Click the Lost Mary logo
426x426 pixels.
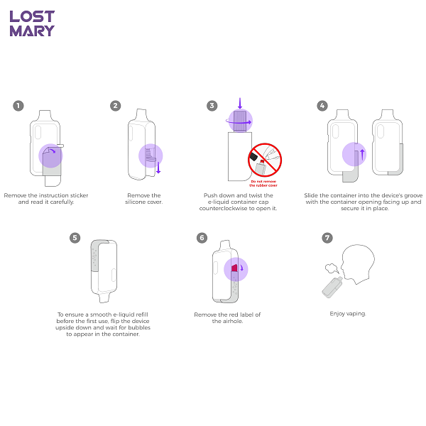[32, 23]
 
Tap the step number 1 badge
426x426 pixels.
[18, 106]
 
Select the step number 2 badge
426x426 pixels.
[116, 106]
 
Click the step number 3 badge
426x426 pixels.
[212, 106]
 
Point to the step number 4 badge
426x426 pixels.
[322, 106]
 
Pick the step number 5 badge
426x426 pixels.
[75, 238]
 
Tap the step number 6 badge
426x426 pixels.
[202, 238]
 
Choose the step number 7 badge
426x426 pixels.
[327, 238]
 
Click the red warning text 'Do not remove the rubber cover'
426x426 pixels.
[263, 183]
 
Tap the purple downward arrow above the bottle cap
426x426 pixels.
[240, 103]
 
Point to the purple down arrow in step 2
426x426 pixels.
[158, 168]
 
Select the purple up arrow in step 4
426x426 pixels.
[362, 155]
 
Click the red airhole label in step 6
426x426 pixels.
[234, 268]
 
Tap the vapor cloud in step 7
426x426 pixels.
[332, 268]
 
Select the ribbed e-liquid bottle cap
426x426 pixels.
[240, 121]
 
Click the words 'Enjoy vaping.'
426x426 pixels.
[348, 314]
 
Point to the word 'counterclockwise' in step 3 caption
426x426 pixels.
[224, 208]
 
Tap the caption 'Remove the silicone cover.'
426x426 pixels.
[144, 199]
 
